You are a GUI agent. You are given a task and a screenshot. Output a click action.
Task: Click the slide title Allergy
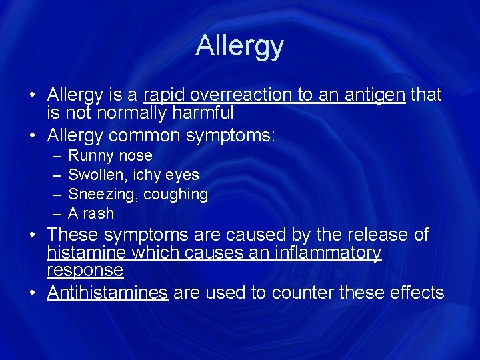(239, 45)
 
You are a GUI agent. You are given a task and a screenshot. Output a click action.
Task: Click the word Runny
(91, 156)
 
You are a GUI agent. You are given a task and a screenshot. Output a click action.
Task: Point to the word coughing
(180, 195)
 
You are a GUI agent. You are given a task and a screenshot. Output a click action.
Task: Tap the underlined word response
(85, 270)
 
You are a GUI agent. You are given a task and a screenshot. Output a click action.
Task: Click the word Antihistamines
(107, 292)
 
